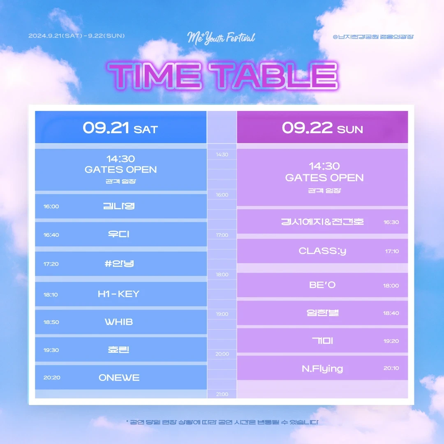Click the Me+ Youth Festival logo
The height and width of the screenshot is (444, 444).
(x=221, y=38)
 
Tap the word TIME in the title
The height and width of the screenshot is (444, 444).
(x=155, y=76)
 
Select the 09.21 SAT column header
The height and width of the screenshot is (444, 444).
(x=120, y=127)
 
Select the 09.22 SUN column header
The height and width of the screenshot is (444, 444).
(x=322, y=127)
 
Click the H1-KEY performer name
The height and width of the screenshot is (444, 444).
(x=119, y=294)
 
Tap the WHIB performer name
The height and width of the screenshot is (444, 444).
(x=119, y=322)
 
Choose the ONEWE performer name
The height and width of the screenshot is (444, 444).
(x=119, y=377)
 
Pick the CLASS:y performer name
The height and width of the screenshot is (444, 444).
(x=322, y=251)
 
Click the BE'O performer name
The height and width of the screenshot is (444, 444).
(x=322, y=285)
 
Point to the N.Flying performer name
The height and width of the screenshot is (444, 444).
(x=322, y=369)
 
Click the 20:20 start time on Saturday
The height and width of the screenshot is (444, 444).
(x=52, y=377)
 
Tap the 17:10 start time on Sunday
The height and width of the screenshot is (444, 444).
(x=392, y=251)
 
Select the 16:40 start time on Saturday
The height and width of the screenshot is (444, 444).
(x=51, y=235)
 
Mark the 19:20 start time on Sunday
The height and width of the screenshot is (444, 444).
(x=391, y=341)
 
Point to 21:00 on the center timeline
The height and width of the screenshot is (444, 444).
(x=222, y=394)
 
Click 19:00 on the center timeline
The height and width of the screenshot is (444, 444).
(x=222, y=314)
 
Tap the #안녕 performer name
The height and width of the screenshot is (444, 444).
(x=119, y=264)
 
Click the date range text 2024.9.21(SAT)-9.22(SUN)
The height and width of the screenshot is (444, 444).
(x=76, y=36)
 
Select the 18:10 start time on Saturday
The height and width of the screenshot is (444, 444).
(x=51, y=294)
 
